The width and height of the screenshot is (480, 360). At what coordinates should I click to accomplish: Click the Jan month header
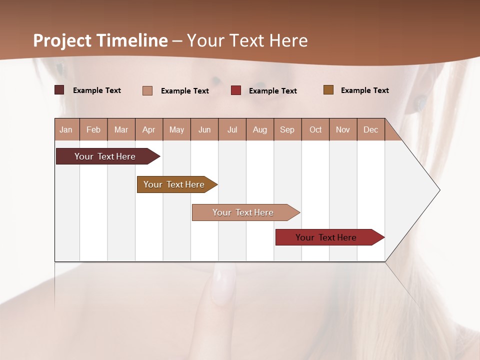click(66, 130)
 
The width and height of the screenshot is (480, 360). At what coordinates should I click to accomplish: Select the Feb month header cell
click(93, 130)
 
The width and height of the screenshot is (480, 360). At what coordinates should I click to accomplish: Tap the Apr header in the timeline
click(149, 130)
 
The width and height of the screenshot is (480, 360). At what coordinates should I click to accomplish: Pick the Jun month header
click(204, 130)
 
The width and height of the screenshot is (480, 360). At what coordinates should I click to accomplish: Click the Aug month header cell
click(260, 130)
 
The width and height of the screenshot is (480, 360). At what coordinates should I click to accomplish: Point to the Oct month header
click(315, 130)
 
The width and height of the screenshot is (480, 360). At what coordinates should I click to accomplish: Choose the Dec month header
click(371, 130)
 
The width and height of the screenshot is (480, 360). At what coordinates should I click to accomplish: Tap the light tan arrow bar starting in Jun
click(243, 212)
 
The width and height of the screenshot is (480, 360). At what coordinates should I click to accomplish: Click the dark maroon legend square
click(59, 90)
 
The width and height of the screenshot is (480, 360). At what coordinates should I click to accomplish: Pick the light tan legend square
click(147, 90)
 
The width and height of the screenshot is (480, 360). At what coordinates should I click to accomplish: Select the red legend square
click(236, 90)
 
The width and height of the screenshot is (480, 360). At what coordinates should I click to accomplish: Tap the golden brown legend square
click(328, 90)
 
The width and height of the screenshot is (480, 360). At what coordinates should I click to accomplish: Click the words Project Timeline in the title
click(100, 40)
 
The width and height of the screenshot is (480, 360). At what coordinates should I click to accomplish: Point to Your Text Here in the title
click(247, 40)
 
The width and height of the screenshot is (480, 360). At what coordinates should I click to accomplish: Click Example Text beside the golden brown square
click(364, 90)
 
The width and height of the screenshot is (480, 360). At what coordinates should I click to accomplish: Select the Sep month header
click(287, 130)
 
